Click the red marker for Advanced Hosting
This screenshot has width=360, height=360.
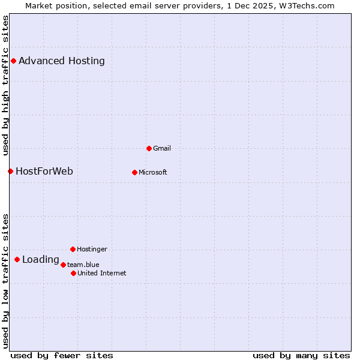tap(13, 61)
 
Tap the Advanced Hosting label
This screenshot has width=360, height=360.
tap(62, 61)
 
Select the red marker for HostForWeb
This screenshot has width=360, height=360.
tap(10, 171)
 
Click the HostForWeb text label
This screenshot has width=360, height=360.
tap(44, 171)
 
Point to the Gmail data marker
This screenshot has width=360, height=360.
tap(149, 148)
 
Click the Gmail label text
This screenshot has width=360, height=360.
tap(162, 148)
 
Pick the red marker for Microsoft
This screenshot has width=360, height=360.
tap(134, 172)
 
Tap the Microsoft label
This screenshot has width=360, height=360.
tap(153, 172)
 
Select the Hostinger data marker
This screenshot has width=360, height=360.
tap(73, 249)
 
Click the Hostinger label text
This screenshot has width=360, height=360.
tap(92, 249)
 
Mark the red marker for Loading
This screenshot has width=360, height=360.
tap(17, 259)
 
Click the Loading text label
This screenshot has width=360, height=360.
tap(41, 260)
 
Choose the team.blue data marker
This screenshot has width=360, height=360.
tap(63, 265)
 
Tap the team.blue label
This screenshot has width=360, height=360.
tap(83, 265)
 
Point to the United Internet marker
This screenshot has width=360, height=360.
tap(73, 273)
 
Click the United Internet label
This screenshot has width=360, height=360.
tap(102, 273)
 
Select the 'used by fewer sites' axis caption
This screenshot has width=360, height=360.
tap(62, 355)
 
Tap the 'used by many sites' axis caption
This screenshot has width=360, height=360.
tap(301, 355)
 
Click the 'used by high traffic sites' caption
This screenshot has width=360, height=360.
tap(5, 85)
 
